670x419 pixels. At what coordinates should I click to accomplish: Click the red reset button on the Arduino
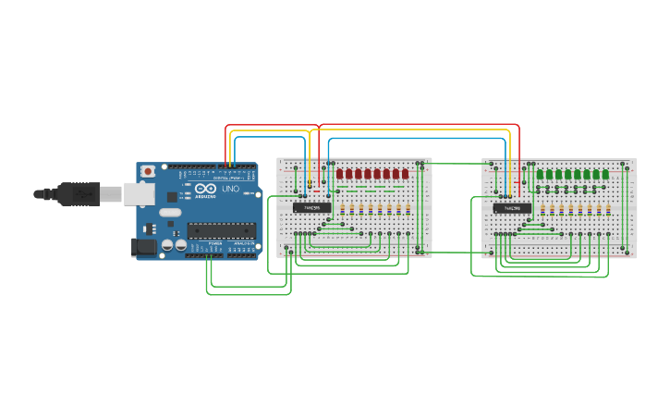click(x=148, y=171)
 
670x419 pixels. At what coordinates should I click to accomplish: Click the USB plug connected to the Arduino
click(x=78, y=193)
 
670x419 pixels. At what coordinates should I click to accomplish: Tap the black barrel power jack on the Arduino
click(x=143, y=246)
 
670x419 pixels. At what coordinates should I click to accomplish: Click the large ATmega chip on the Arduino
click(x=222, y=230)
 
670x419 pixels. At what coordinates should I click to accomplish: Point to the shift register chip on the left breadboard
click(x=311, y=207)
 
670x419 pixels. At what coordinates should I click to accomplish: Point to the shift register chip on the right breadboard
click(x=511, y=208)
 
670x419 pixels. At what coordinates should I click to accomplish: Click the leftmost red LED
click(x=340, y=174)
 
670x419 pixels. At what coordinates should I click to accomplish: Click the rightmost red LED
click(x=405, y=174)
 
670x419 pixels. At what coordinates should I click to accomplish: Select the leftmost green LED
click(x=540, y=174)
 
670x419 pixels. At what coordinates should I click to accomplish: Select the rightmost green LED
click(x=605, y=174)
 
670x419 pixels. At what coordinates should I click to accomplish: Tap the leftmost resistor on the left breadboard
click(x=342, y=209)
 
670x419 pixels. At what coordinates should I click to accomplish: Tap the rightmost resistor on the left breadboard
click(x=408, y=209)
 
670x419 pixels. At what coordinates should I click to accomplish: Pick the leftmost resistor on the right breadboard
click(x=542, y=210)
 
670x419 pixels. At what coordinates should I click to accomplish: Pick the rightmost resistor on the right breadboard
click(x=607, y=210)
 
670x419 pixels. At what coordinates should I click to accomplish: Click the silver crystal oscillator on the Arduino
click(x=170, y=212)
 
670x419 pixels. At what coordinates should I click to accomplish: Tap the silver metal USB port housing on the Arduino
click(x=139, y=192)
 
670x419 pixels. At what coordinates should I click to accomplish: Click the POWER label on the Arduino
click(x=214, y=244)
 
